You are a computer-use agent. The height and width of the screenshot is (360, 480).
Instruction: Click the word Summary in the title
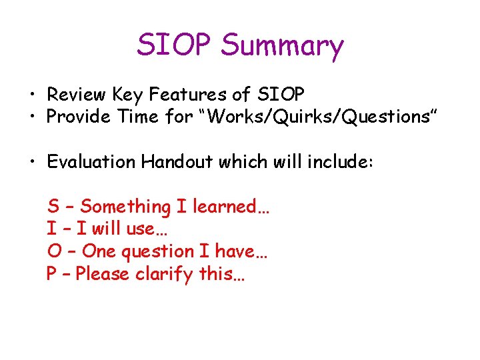click(x=282, y=46)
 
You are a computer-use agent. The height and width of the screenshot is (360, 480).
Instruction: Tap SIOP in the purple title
click(x=175, y=45)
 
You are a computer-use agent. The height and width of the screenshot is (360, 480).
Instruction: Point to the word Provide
click(x=77, y=117)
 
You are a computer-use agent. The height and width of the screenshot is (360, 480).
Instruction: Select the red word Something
click(x=125, y=207)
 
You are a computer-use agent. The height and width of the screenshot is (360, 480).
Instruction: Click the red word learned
click(x=230, y=207)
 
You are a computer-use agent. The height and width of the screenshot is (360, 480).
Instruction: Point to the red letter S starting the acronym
click(x=52, y=207)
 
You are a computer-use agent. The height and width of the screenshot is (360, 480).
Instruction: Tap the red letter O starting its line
click(x=53, y=251)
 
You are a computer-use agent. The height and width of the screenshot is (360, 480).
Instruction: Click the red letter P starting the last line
click(x=52, y=274)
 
